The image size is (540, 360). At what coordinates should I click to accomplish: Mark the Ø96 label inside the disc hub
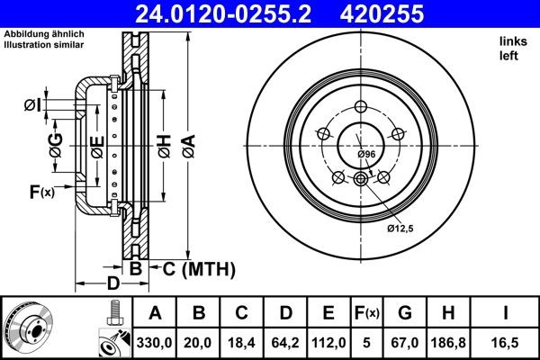(x=366, y=155)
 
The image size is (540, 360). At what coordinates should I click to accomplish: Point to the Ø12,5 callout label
(x=400, y=229)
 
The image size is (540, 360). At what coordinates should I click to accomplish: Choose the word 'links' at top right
(x=510, y=41)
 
